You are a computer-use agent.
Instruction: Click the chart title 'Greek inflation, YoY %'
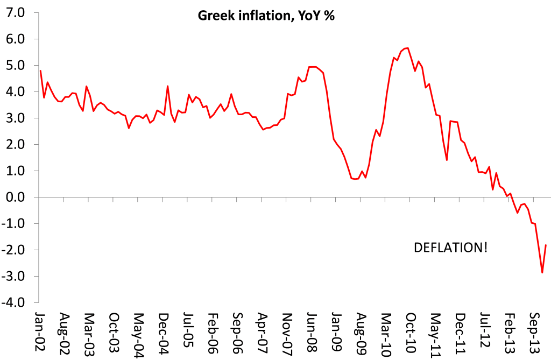(x=267, y=16)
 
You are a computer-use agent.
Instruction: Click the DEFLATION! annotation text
(x=451, y=248)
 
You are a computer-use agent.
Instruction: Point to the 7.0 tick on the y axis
(x=15, y=12)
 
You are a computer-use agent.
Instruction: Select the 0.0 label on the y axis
(x=15, y=197)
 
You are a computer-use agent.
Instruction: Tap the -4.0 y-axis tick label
(x=13, y=302)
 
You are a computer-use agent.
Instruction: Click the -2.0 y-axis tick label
(x=13, y=250)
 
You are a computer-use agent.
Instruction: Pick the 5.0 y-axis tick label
(x=15, y=65)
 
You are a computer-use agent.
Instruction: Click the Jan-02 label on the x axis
(x=40, y=329)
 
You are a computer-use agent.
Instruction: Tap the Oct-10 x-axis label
(x=412, y=329)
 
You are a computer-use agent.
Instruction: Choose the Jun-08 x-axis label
(x=312, y=329)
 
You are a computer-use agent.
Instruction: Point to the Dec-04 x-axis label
(x=164, y=329)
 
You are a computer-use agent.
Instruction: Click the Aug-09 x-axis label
(x=362, y=329)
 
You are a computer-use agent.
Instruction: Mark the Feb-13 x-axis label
(x=510, y=329)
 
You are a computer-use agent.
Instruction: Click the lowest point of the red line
(x=542, y=273)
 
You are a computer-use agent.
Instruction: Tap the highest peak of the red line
(x=408, y=48)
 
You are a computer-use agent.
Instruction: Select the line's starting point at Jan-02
(x=40, y=70)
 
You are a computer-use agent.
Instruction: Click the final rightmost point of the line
(x=546, y=245)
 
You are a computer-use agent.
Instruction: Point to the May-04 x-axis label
(x=139, y=329)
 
